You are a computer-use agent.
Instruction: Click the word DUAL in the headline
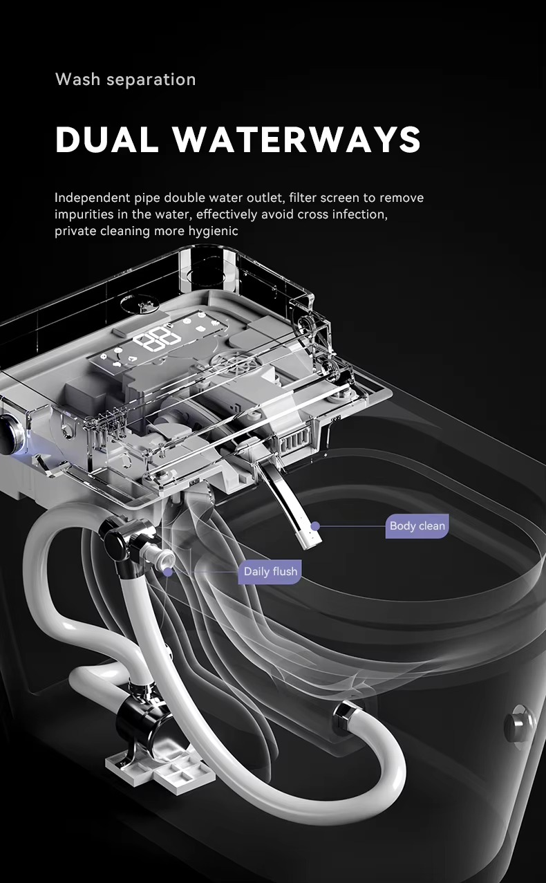coord(106,139)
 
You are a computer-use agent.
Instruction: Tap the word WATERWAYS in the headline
coord(297,139)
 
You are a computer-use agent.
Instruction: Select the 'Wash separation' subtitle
coord(125,80)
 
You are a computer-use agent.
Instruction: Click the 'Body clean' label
coord(417,526)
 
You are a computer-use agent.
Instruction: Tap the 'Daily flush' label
coord(270,572)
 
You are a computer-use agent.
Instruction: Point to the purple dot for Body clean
coord(315,526)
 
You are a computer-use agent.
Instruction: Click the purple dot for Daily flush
coord(168,572)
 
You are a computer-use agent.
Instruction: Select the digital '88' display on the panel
coord(157,338)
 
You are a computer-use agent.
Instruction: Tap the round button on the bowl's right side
coord(520,722)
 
